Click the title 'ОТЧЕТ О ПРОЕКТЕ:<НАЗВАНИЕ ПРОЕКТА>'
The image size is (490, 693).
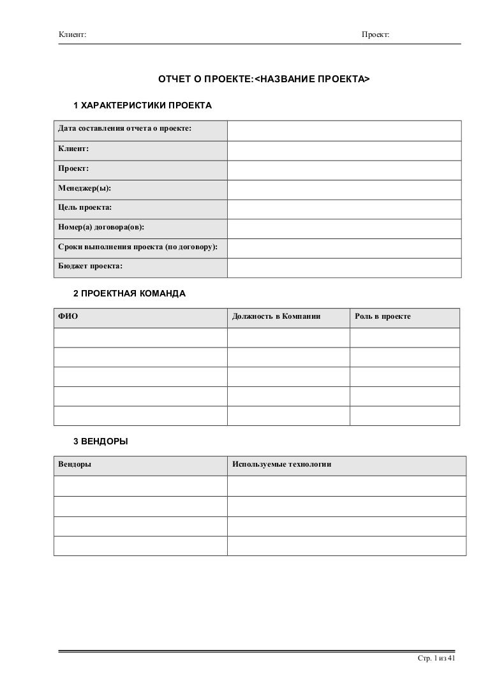point(264,80)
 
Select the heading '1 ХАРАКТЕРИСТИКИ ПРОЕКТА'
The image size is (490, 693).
point(142,105)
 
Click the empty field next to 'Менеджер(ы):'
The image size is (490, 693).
point(344,189)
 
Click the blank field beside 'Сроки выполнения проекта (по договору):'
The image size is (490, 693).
point(344,248)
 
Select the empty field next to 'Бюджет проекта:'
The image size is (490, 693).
point(344,268)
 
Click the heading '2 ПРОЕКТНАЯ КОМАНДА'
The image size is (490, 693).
point(130,294)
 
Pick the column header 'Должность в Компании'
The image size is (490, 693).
point(276,317)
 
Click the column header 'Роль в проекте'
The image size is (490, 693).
point(383,317)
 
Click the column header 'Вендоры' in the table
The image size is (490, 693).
point(74,465)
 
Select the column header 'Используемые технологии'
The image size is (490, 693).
point(282,465)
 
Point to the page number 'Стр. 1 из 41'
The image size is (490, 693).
point(436,658)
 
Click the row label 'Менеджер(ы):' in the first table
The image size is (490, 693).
point(84,189)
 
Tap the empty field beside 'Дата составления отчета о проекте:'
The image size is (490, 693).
point(344,130)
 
